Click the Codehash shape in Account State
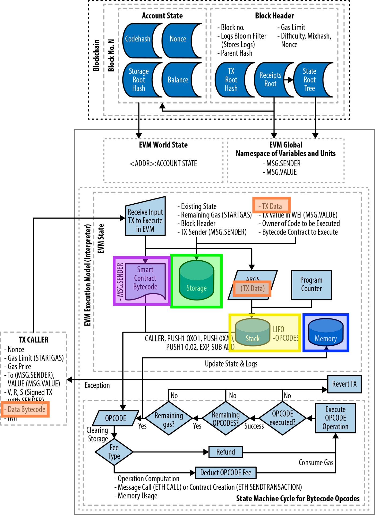(138, 40)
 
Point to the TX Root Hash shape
(231, 80)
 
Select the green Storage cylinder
(196, 281)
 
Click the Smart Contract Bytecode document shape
(145, 280)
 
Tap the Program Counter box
(311, 284)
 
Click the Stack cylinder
(252, 333)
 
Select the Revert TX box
(344, 384)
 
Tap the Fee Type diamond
(114, 452)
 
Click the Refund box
(226, 452)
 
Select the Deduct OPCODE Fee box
(226, 473)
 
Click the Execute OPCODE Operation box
(335, 418)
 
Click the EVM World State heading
(163, 145)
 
